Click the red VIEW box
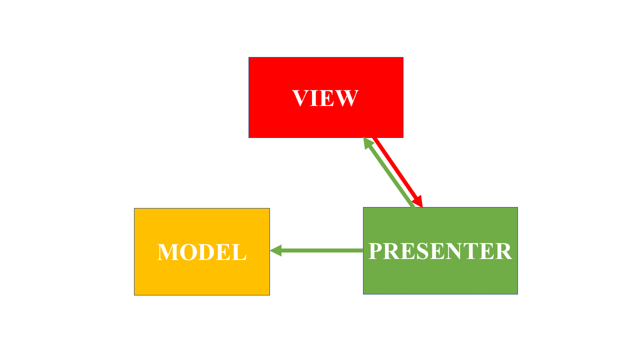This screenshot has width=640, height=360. click(x=325, y=75)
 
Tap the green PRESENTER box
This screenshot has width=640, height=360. click(x=440, y=277)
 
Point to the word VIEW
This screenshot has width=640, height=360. click(x=325, y=98)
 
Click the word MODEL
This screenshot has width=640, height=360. click(x=201, y=252)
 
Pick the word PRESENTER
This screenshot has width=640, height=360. click(x=440, y=251)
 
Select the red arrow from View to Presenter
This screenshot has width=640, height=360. click(x=397, y=170)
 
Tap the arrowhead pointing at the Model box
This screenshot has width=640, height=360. click(x=276, y=250)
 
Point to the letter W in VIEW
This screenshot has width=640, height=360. click(x=347, y=98)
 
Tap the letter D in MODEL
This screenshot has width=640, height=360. click(x=207, y=252)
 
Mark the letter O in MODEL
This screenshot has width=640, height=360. click(x=189, y=252)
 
